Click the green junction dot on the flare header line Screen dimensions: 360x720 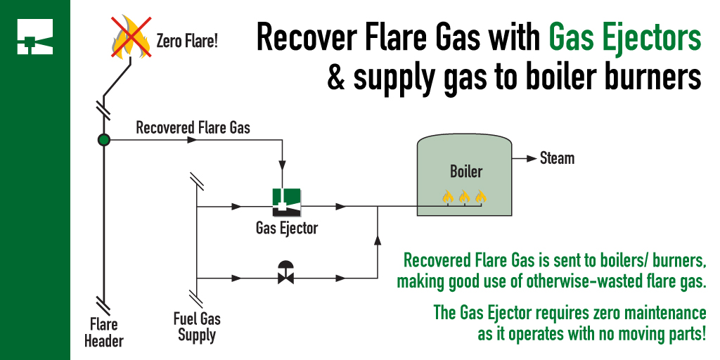103,140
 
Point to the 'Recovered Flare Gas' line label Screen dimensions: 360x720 193,128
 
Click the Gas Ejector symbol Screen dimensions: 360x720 287,202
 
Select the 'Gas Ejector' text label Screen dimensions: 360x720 287,228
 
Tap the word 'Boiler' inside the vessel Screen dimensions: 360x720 466,172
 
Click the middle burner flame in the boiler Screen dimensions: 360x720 464,197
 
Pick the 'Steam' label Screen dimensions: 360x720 557,158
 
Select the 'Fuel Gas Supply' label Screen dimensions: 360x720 196,326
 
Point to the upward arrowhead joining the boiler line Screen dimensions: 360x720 378,241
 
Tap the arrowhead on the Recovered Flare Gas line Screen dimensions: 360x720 191,141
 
